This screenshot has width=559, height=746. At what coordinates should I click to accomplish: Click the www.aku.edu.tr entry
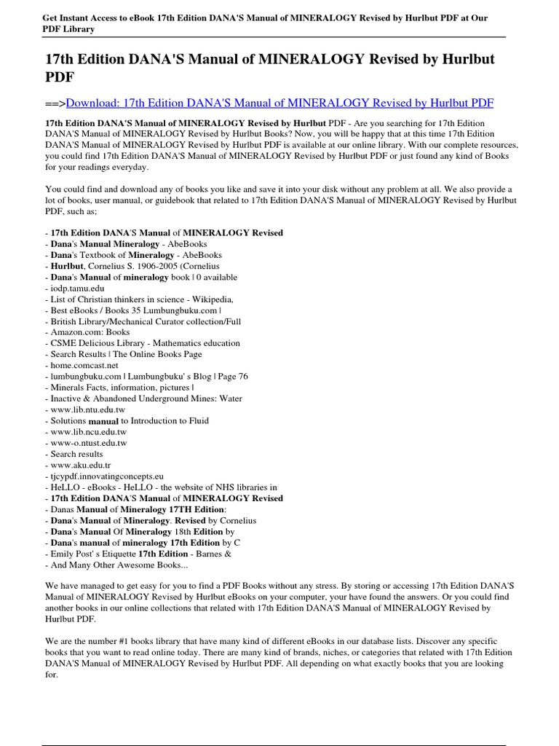[77, 465]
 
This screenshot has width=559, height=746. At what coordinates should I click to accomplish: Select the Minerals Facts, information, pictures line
[119, 388]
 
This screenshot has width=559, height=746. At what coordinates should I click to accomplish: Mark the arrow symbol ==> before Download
[55, 103]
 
